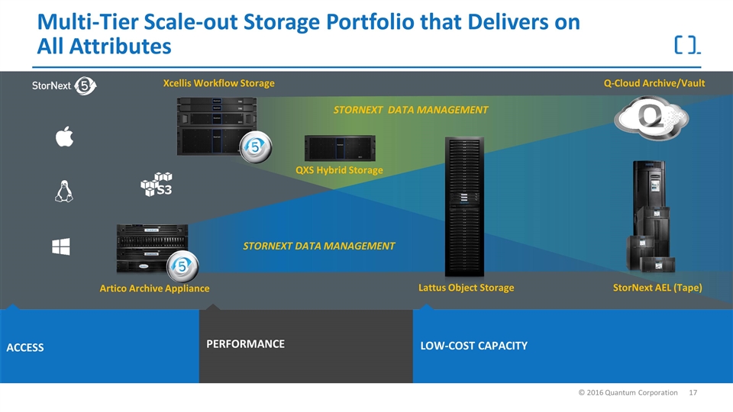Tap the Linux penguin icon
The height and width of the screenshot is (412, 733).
[x=63, y=192]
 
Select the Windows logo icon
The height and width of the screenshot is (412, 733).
[x=61, y=246]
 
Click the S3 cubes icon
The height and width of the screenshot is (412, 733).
[x=156, y=185]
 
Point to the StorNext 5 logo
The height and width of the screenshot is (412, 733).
[x=63, y=85]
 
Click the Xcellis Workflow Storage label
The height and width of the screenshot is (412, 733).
[x=218, y=82]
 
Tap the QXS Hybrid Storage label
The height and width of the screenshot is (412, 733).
[x=339, y=170]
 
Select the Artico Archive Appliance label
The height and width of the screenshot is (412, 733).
[x=154, y=288]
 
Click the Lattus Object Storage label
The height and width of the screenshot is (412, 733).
[x=466, y=288]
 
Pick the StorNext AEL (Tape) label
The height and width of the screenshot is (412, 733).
[x=657, y=288]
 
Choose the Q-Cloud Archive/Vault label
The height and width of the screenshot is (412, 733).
[x=654, y=82]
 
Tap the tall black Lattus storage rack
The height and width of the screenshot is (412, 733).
[x=464, y=206]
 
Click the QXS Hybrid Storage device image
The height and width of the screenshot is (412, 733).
[x=339, y=147]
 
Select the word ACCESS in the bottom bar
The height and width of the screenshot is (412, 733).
[x=25, y=348]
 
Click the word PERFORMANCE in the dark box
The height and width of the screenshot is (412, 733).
[x=245, y=344]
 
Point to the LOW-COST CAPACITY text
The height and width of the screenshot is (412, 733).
[x=473, y=346]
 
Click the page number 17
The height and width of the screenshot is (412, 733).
[x=693, y=392]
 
